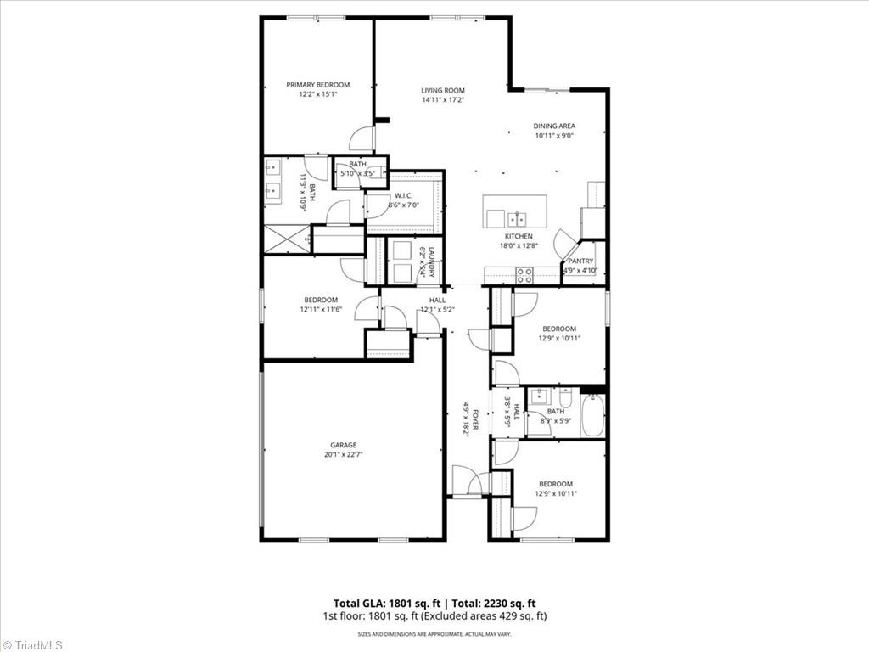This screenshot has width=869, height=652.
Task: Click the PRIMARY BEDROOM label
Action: point(317,85)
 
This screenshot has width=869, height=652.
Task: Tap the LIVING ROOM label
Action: point(443,90)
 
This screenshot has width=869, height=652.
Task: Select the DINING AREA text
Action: point(554,126)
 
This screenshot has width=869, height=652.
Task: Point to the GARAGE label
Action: point(344,445)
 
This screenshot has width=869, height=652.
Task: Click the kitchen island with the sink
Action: point(515,211)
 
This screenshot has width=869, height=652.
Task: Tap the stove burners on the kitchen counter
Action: point(525,275)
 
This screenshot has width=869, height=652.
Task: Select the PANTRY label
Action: point(580,261)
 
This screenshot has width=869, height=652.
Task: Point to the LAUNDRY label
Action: point(431,261)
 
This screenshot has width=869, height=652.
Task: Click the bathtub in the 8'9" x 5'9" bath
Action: point(592,415)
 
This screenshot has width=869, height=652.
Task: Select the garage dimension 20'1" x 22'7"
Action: point(344,454)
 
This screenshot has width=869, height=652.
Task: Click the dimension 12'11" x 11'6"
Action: point(321,310)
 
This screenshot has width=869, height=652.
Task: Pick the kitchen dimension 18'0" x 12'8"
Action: point(519,245)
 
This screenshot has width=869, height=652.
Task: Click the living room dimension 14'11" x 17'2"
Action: point(443,100)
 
